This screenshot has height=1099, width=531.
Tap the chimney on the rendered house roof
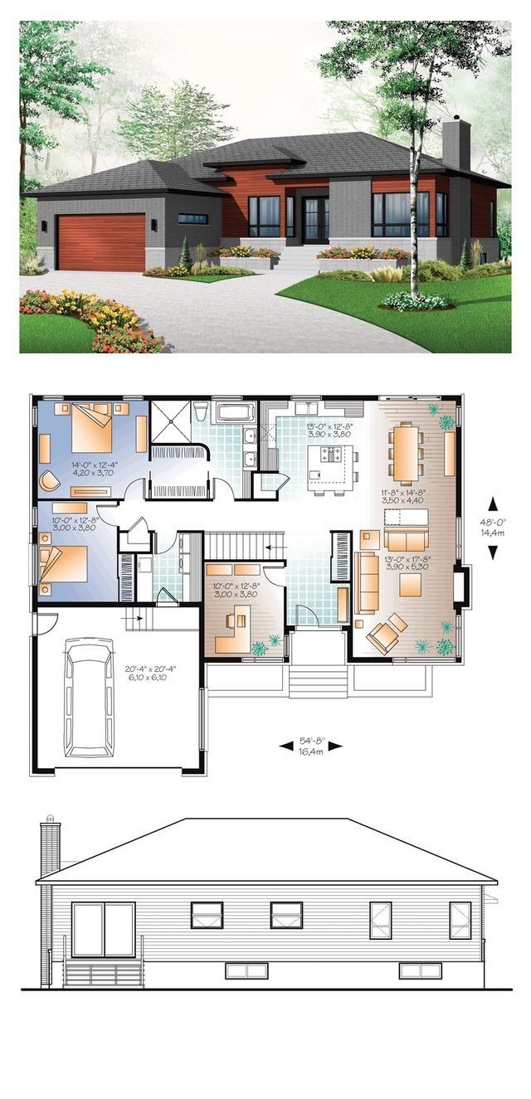click(456, 145)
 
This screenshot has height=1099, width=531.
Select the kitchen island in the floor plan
click(331, 459)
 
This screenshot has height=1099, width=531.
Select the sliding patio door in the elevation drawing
click(103, 931)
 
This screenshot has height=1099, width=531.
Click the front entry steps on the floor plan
click(318, 682)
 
